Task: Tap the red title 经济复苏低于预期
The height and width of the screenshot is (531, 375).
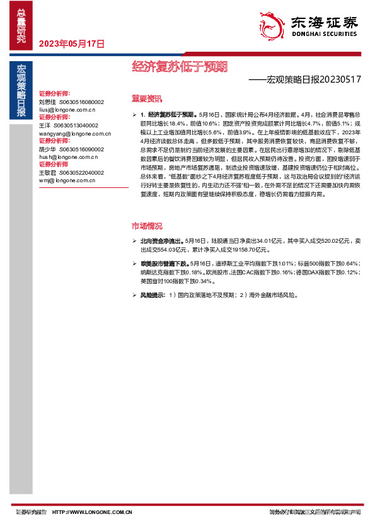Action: pyautogui.click(x=180, y=66)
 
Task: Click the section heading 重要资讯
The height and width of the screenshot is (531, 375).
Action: pyautogui.click(x=146, y=98)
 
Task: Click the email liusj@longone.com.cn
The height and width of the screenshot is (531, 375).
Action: pyautogui.click(x=67, y=109)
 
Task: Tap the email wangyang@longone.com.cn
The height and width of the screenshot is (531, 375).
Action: pyautogui.click(x=74, y=134)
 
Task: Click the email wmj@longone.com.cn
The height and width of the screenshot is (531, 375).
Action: pyautogui.click(x=66, y=180)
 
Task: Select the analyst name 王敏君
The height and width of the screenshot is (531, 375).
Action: pyautogui.click(x=47, y=172)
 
